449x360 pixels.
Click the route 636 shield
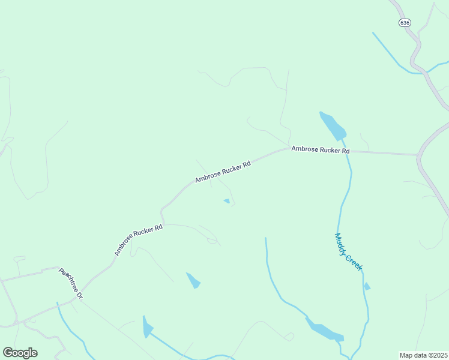pos(405,22)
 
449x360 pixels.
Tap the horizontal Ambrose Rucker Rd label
pos(320,149)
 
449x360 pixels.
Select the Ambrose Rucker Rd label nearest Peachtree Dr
pos(139,240)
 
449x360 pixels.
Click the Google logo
pos(20,353)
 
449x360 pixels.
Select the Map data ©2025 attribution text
pos(424,355)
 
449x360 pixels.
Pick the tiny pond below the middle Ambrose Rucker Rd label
pos(226,201)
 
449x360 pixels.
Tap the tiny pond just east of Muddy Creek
pos(367,286)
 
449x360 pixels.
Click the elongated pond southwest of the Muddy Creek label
pos(324,329)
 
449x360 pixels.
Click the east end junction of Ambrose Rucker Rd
pos(418,155)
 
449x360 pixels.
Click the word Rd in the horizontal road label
pos(345,151)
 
